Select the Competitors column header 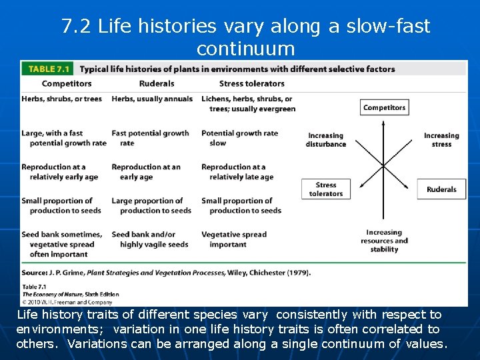click(x=67, y=83)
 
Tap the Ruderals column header click(x=157, y=83)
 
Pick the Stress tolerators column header click(x=252, y=83)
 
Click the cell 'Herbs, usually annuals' click(x=152, y=99)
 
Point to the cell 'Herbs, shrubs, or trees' click(x=62, y=99)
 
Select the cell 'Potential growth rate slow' click(x=240, y=138)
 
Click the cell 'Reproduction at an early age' click(x=146, y=172)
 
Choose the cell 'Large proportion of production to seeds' click(x=151, y=205)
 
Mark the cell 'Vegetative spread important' click(x=234, y=239)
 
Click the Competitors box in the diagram click(x=384, y=107)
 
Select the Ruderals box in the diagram click(x=441, y=189)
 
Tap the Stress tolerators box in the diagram click(x=326, y=189)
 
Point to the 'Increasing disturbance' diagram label click(x=326, y=140)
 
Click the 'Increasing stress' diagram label click(x=441, y=140)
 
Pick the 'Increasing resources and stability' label click(x=384, y=241)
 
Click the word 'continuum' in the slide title click(x=245, y=49)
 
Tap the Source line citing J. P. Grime click(x=166, y=272)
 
